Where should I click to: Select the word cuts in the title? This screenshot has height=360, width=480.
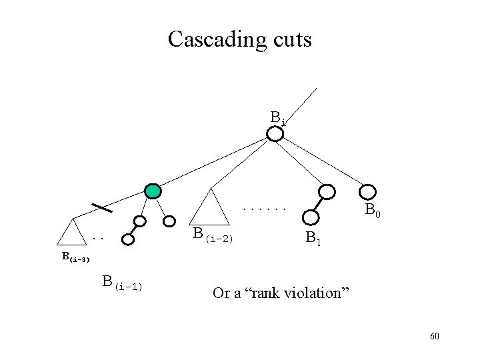click(287, 39)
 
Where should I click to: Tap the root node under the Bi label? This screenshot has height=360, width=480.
click(275, 134)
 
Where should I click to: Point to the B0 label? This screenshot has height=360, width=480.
click(373, 213)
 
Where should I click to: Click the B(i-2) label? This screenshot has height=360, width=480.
click(212, 235)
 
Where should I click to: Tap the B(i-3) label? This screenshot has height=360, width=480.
click(75, 256)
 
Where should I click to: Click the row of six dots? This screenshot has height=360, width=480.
click(265, 210)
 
